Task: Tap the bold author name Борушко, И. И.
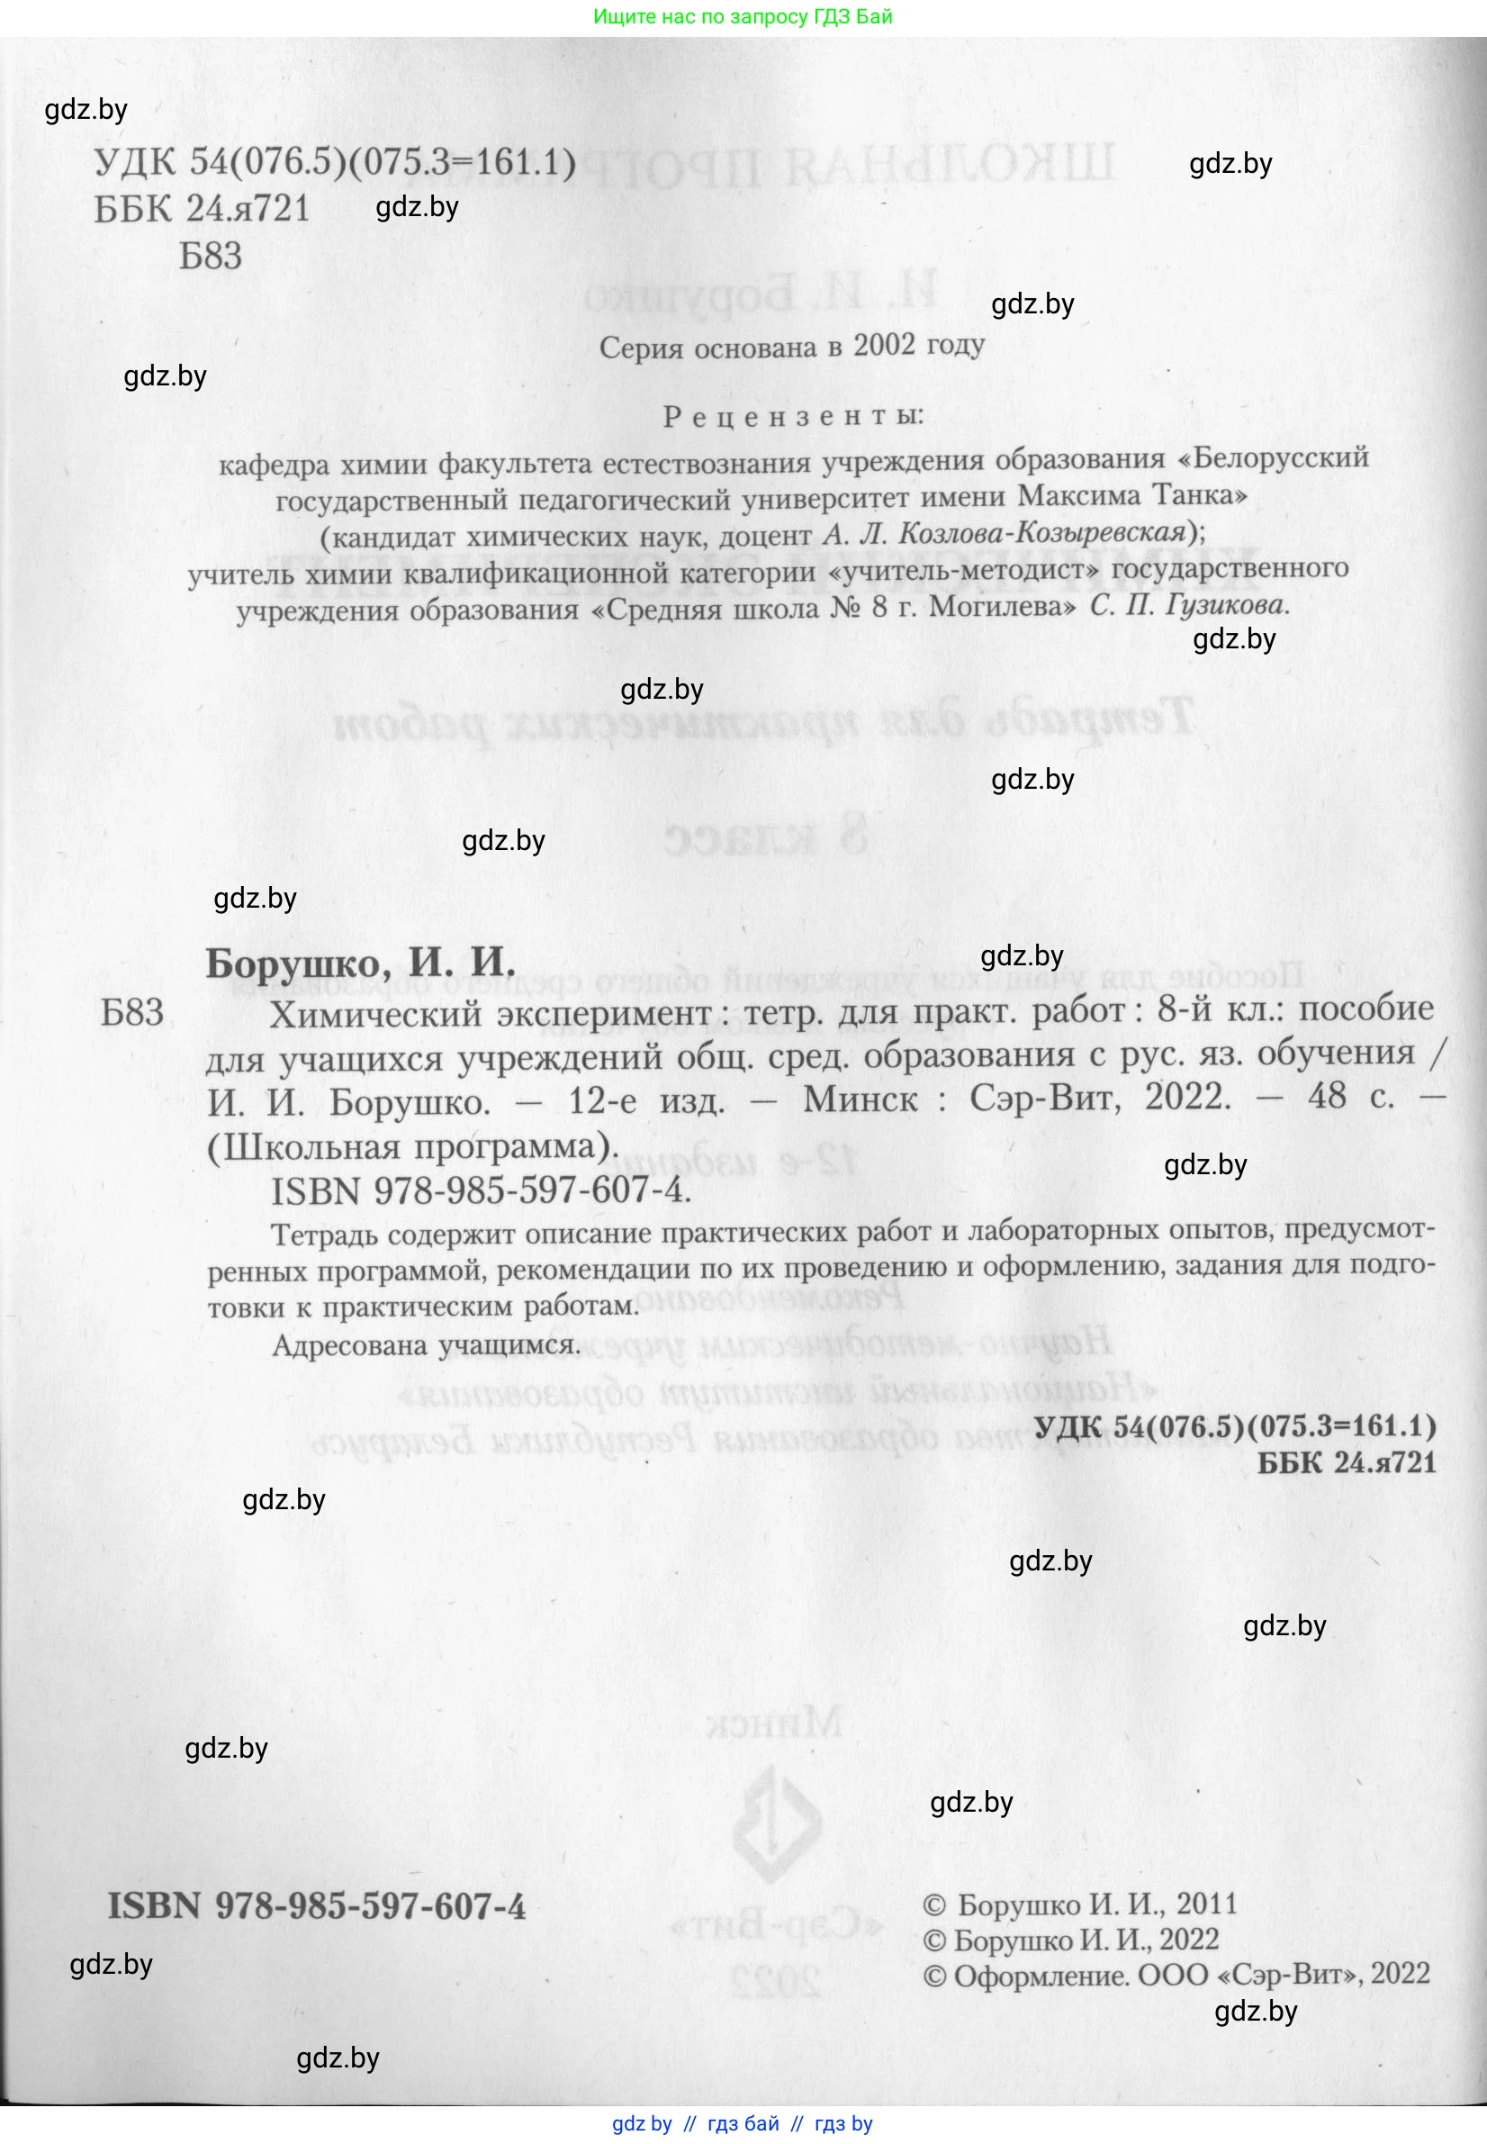[360, 962]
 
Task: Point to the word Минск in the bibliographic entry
[859, 1099]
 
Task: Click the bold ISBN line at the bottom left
[317, 1905]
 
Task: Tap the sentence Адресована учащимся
[426, 1344]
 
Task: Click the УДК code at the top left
[335, 162]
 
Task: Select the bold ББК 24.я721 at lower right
[1347, 1462]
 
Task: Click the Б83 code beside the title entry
[132, 1012]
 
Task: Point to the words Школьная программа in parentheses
[413, 1146]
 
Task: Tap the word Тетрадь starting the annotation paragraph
[322, 1235]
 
